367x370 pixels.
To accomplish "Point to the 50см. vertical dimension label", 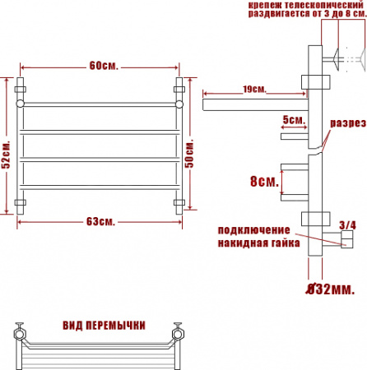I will (192, 150).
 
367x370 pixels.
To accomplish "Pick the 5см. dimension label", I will (292, 119).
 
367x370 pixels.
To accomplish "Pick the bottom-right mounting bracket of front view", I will (179, 201).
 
